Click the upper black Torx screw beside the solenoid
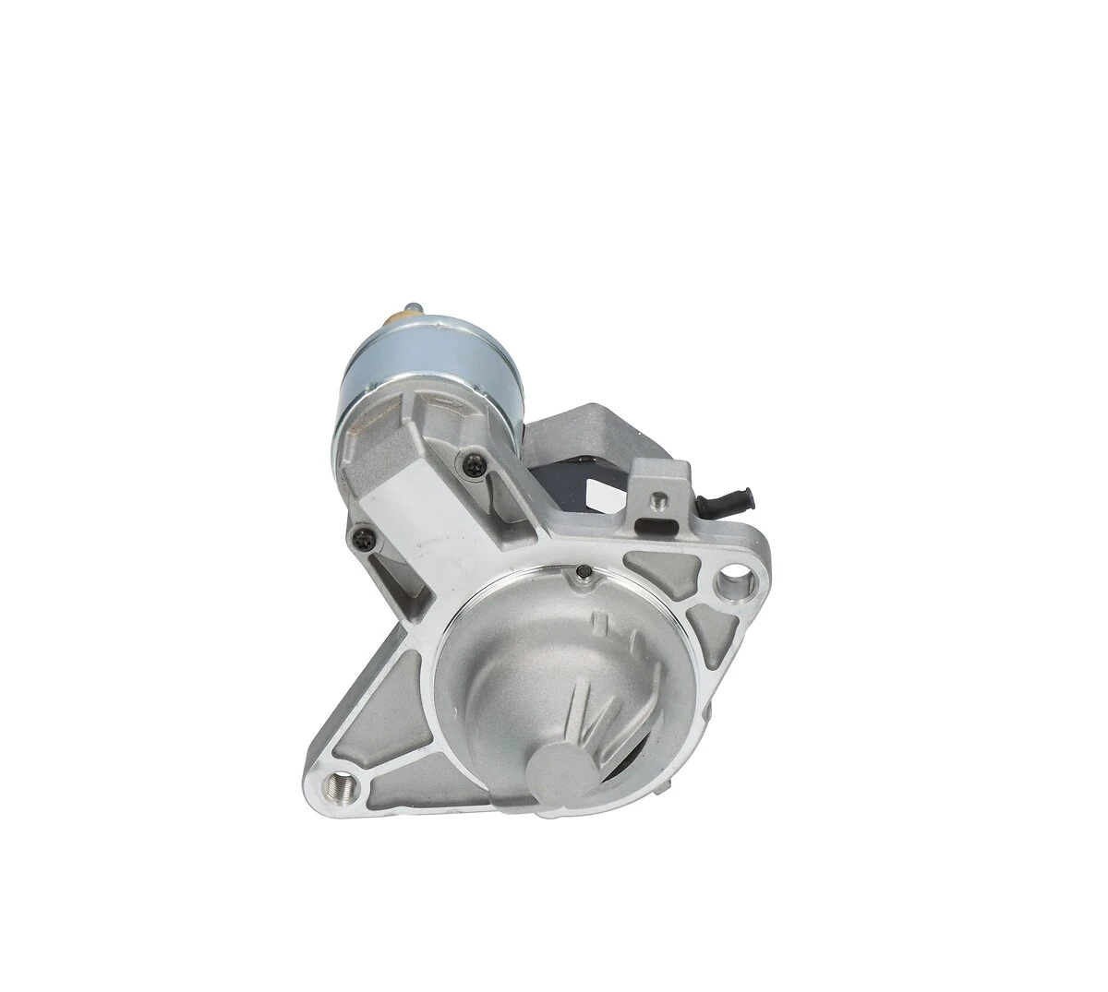tap(476, 466)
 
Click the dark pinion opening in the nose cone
tap(637, 738)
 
